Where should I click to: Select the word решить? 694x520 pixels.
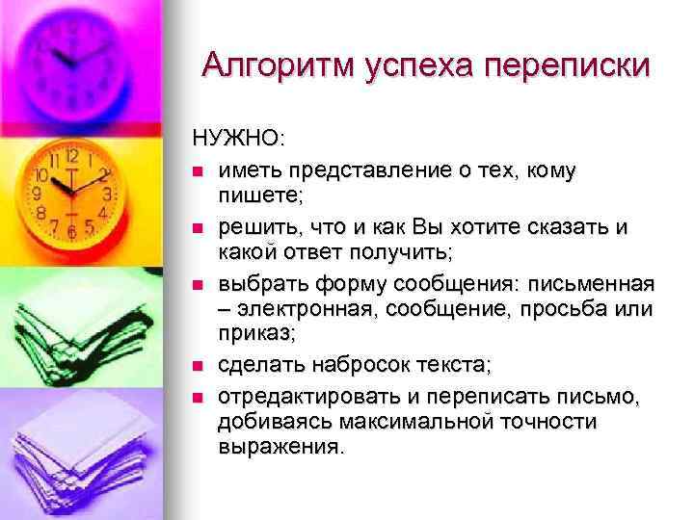click(253, 227)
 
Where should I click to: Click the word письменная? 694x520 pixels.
click(590, 285)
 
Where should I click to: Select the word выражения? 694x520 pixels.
click(279, 446)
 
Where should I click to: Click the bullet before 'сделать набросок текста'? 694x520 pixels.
click(198, 366)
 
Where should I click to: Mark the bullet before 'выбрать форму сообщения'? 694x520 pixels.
click(198, 286)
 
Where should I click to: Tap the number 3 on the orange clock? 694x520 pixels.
click(107, 193)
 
